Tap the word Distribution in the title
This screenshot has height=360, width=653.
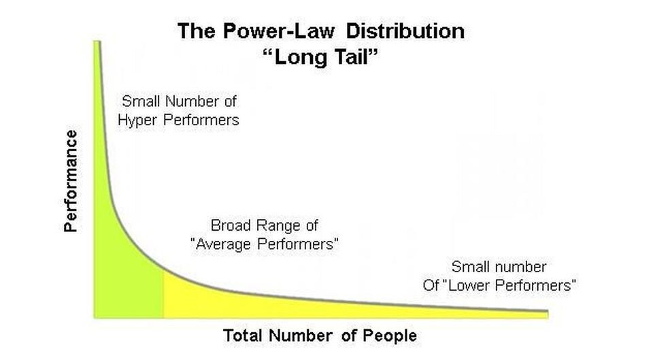[x=405, y=31]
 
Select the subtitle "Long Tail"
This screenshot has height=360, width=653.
[x=321, y=56]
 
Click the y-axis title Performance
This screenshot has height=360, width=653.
[x=71, y=181]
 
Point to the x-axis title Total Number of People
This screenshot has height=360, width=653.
[x=320, y=336]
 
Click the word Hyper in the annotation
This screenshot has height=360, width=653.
[x=138, y=120]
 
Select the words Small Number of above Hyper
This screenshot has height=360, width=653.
[x=179, y=101]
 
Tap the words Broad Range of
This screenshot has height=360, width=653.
[x=264, y=225]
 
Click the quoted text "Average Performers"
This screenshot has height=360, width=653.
[x=264, y=244]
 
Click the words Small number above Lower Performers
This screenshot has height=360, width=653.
[x=499, y=267]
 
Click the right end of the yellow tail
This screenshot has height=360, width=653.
[x=547, y=314]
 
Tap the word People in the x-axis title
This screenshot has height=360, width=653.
[x=390, y=336]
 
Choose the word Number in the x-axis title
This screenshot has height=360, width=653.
[x=301, y=336]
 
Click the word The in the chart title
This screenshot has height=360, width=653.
[x=197, y=31]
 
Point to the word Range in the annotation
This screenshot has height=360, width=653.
[x=278, y=226]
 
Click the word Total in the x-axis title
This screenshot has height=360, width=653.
[x=243, y=336]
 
